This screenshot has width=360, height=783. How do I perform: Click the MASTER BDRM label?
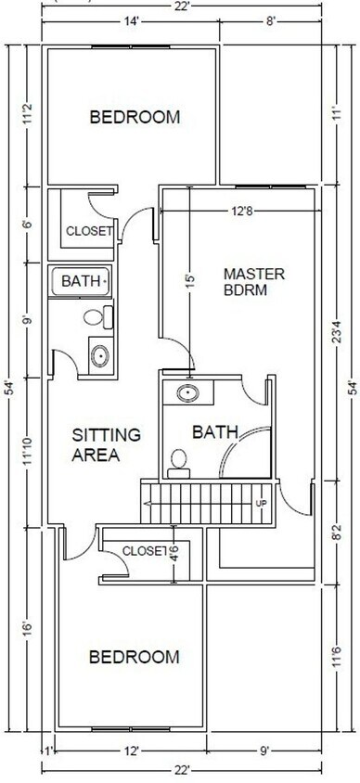coord(254,282)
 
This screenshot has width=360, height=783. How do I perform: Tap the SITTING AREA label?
coord(107,444)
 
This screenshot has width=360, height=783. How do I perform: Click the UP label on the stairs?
coord(262,504)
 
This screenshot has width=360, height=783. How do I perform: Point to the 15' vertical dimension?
coord(189,279)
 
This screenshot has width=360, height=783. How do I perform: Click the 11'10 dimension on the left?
coord(28,451)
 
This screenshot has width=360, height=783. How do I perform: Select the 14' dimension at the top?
coord(130,22)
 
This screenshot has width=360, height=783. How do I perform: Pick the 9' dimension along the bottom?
coord(264,750)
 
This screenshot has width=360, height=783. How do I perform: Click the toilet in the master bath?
coord(179,464)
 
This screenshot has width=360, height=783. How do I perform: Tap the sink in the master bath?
coord(188,393)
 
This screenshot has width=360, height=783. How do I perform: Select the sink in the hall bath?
coord(100,356)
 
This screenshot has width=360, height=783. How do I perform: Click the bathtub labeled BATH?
coord(80,282)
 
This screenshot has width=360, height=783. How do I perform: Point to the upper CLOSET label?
coord(89,231)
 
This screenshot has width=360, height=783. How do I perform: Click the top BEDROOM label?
coord(135,117)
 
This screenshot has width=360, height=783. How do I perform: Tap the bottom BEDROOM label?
coord(135,657)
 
